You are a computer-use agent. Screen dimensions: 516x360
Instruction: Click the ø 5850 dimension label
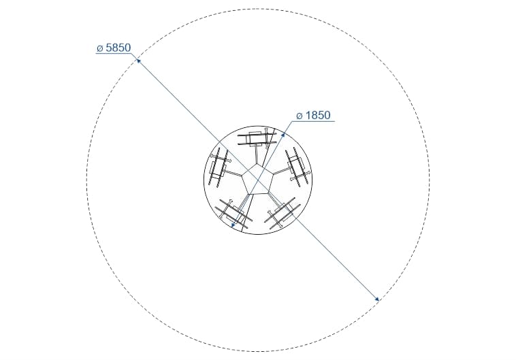[114, 48]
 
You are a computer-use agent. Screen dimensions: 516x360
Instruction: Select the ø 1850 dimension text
[313, 116]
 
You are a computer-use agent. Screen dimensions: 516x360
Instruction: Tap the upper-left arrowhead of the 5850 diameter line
[139, 61]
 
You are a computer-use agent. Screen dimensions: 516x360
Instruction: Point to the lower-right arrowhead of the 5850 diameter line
[377, 299]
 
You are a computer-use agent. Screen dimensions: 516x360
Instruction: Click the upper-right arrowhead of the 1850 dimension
[283, 134]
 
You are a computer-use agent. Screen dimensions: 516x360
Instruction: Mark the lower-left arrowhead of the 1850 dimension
[233, 225]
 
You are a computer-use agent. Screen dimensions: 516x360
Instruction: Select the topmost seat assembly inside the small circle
[257, 139]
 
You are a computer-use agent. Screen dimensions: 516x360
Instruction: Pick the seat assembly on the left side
[218, 167]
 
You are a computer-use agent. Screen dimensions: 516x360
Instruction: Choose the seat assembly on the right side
[297, 167]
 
